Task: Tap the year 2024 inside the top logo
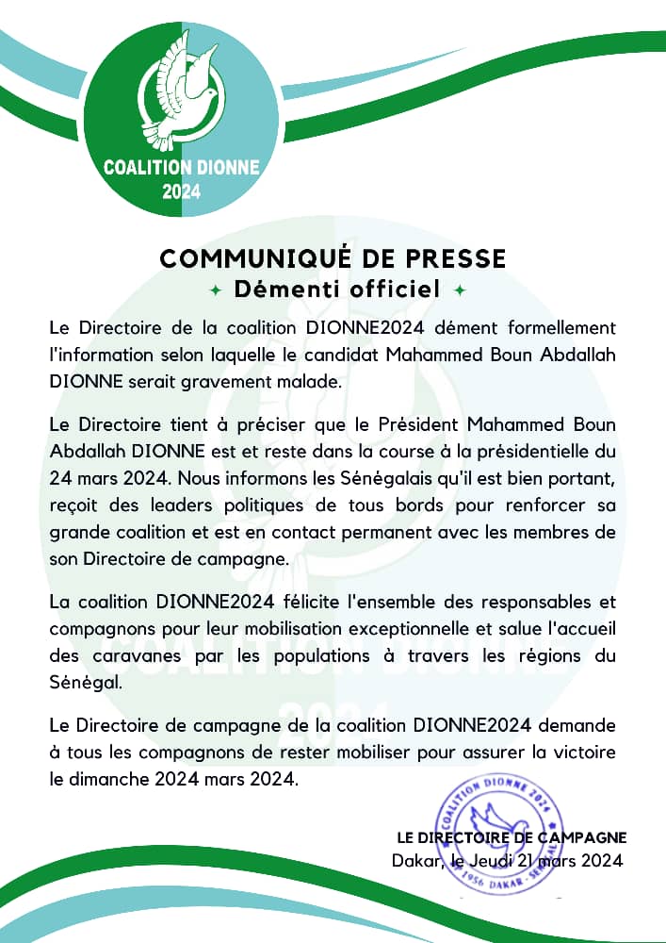pos(181,192)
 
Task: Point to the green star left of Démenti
pos(216,290)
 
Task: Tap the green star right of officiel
pos(460,290)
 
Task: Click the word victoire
pos(581,755)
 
